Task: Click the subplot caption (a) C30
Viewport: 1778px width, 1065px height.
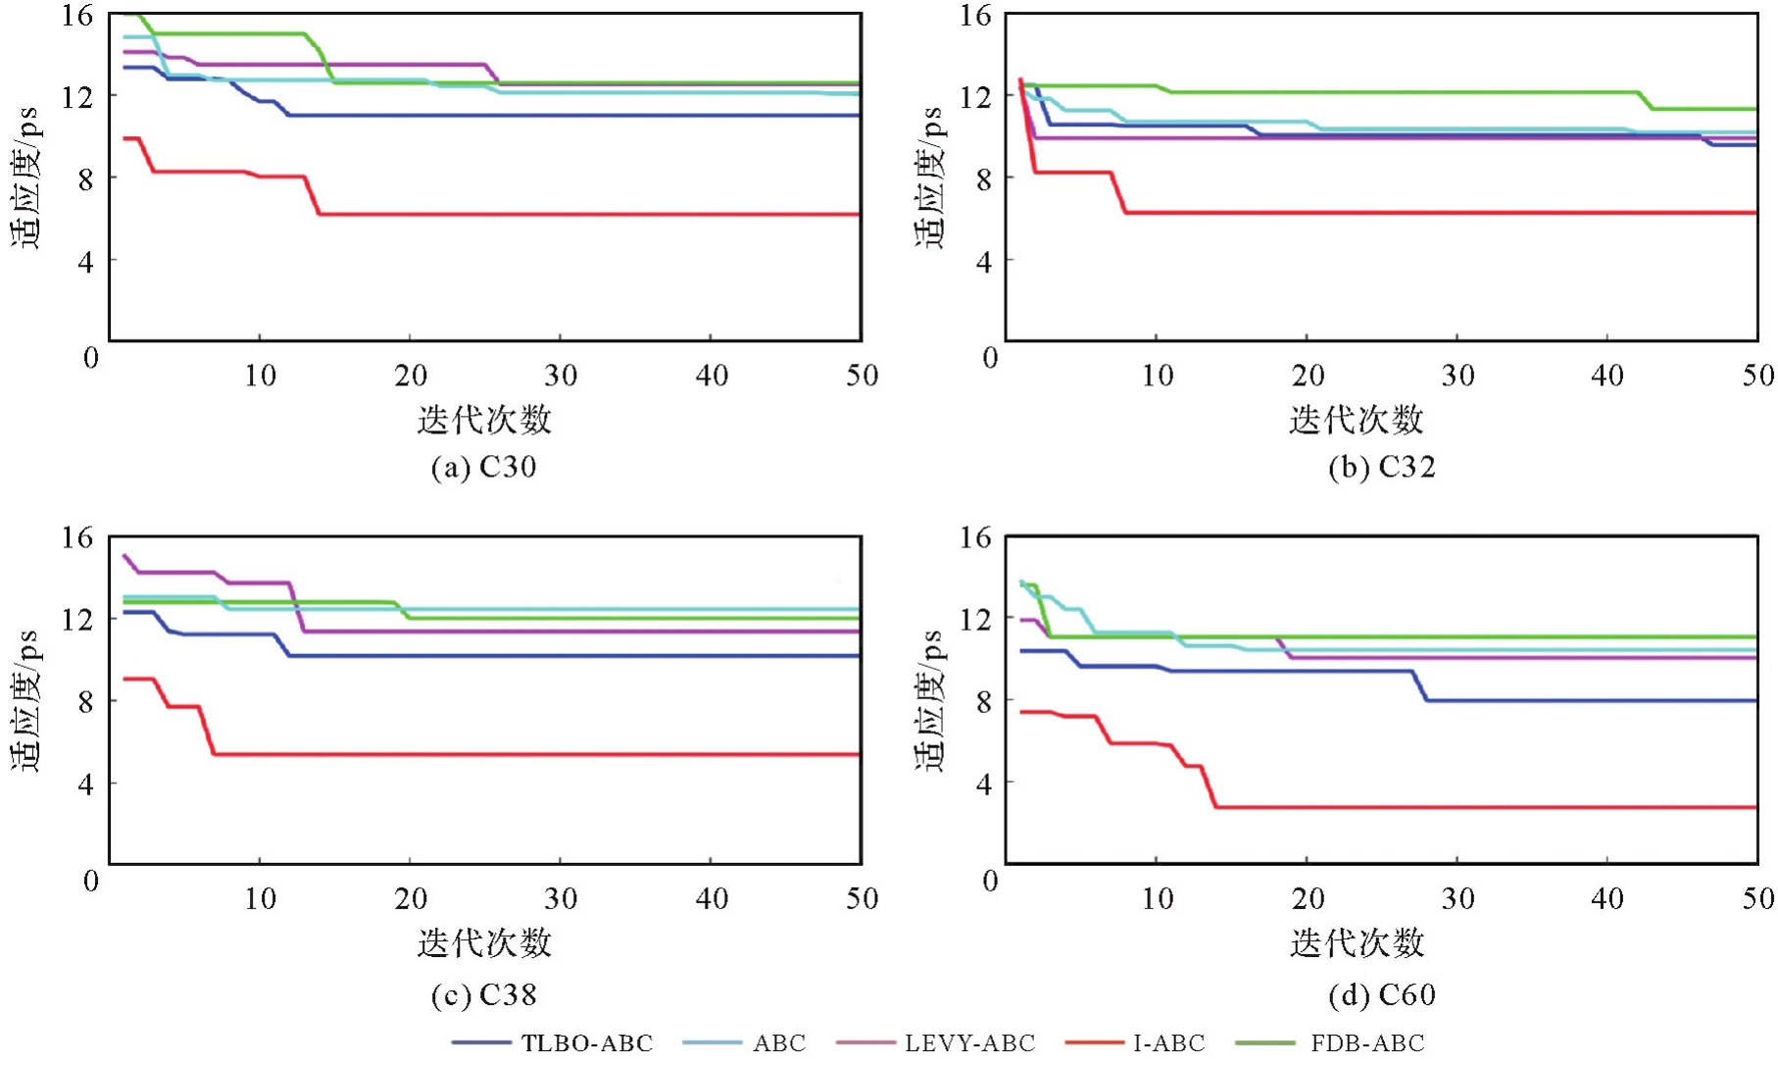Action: pyautogui.click(x=484, y=467)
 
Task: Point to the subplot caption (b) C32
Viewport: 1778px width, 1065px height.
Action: pyautogui.click(x=1382, y=467)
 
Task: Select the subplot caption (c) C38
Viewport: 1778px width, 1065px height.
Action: pyautogui.click(x=484, y=995)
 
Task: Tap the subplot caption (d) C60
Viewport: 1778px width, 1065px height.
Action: pyautogui.click(x=1382, y=995)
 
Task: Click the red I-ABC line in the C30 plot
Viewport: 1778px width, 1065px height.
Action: pyautogui.click(x=588, y=214)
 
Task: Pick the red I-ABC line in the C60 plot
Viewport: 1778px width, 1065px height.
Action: pyautogui.click(x=1470, y=807)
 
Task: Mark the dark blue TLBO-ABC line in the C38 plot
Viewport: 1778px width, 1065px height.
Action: pyautogui.click(x=588, y=655)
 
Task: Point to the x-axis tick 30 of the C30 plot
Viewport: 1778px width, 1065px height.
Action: pyautogui.click(x=561, y=376)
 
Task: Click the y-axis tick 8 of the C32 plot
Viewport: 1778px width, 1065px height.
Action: pyautogui.click(x=983, y=179)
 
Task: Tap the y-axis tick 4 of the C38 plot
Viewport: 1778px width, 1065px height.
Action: pyautogui.click(x=85, y=785)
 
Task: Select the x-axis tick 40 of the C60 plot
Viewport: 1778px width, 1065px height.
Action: pyautogui.click(x=1607, y=899)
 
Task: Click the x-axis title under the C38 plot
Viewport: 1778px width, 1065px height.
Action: pyautogui.click(x=484, y=943)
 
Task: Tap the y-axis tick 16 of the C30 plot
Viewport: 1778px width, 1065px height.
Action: pyautogui.click(x=76, y=16)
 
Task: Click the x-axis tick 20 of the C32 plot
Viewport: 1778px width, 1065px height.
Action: pyautogui.click(x=1308, y=376)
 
